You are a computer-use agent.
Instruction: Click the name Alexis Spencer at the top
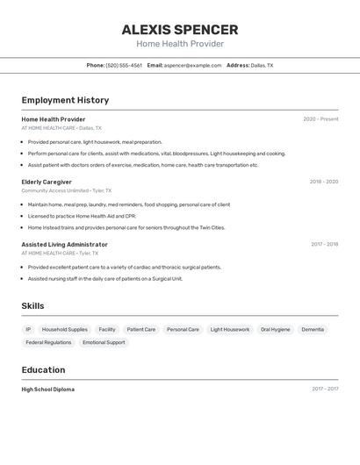pyautogui.click(x=180, y=29)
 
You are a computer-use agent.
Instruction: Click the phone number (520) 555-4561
pyautogui.click(x=124, y=65)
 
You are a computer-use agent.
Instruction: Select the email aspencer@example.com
pyautogui.click(x=192, y=65)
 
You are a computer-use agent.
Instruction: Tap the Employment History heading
pyautogui.click(x=65, y=100)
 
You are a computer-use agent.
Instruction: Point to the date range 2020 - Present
pyautogui.click(x=320, y=119)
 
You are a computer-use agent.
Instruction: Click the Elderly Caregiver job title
pyautogui.click(x=47, y=182)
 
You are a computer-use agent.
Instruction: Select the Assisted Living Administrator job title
pyautogui.click(x=64, y=245)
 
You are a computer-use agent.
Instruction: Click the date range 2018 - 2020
pyautogui.click(x=323, y=182)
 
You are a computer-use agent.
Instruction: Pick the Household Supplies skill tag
pyautogui.click(x=65, y=330)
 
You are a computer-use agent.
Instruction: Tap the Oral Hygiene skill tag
pyautogui.click(x=275, y=330)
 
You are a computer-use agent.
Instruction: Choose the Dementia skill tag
pyautogui.click(x=313, y=330)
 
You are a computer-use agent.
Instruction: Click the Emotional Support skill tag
pyautogui.click(x=104, y=343)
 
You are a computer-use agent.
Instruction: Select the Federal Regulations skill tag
pyautogui.click(x=48, y=343)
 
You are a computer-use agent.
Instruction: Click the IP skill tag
pyautogui.click(x=28, y=330)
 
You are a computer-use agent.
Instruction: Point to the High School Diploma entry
pyautogui.click(x=47, y=390)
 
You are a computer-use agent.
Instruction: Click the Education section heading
pyautogui.click(x=43, y=370)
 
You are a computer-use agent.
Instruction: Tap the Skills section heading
pyautogui.click(x=32, y=305)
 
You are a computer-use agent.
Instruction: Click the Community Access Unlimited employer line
pyautogui.click(x=54, y=190)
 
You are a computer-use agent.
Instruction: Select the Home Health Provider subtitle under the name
pyautogui.click(x=180, y=44)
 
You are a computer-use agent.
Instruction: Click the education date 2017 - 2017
pyautogui.click(x=325, y=389)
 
